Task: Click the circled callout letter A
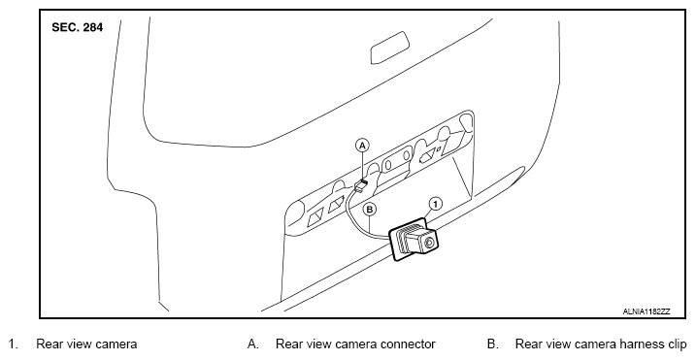coord(363,146)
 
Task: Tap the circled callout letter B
coord(370,209)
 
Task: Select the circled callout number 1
coord(436,204)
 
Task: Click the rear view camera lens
coord(429,243)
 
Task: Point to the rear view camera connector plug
coord(361,185)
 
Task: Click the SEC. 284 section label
coord(78,27)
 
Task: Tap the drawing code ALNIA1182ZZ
coord(646,311)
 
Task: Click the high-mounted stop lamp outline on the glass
coord(389,48)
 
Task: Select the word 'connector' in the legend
coord(408,344)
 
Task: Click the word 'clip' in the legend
coord(677,344)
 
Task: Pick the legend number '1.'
coord(13,344)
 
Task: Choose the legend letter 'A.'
coord(253,344)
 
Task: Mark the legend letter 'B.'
coord(493,344)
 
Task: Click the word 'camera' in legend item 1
coord(116,344)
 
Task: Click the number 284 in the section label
coord(93,27)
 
